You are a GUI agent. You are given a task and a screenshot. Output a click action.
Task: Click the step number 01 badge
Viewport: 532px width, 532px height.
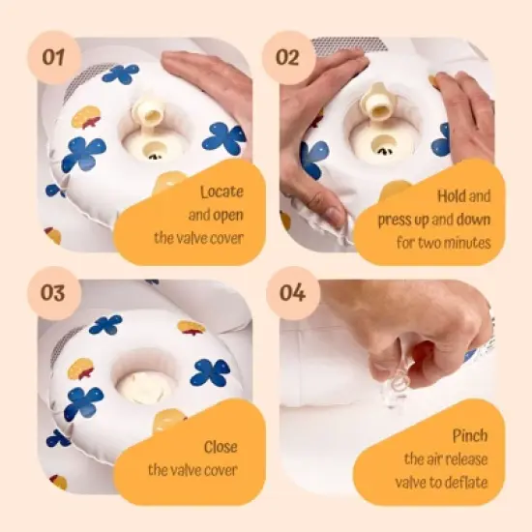tap(54, 57)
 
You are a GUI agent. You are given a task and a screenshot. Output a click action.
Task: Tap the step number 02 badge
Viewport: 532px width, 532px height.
tap(288, 57)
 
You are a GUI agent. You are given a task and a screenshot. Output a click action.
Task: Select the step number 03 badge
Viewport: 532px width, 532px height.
tap(54, 293)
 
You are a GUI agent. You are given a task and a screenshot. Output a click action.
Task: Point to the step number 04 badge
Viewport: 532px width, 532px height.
tap(292, 293)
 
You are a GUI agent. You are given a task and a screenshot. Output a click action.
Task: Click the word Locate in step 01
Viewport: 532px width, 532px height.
tap(222, 192)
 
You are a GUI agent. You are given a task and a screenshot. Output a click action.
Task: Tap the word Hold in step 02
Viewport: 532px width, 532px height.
tap(450, 196)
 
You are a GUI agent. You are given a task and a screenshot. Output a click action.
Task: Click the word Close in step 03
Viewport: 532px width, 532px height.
tap(221, 447)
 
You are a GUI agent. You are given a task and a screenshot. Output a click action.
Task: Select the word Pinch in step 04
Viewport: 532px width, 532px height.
tap(470, 435)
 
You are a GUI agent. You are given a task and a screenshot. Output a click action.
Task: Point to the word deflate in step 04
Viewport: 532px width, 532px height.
tap(467, 482)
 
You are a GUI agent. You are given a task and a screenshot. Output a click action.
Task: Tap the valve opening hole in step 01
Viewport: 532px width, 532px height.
tap(155, 151)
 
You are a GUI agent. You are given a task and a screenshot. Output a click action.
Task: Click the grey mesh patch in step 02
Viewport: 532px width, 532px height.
tap(348, 44)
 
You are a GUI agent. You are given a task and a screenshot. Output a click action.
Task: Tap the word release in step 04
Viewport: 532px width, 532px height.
tap(467, 459)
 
